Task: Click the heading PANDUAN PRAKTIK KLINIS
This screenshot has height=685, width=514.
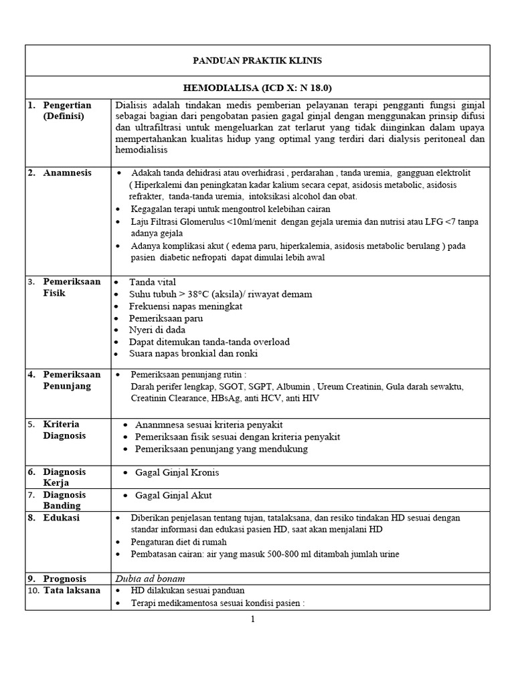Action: pos(257,61)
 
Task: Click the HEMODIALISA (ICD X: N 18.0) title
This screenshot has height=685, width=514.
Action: pos(257,88)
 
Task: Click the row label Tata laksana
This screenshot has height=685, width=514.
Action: pos(72,590)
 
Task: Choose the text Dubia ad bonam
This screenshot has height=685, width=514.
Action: pos(151,578)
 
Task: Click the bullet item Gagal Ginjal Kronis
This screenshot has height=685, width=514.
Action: pos(177,472)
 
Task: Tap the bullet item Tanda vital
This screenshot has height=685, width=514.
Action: pos(153,282)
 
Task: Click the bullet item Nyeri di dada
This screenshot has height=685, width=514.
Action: pos(157,330)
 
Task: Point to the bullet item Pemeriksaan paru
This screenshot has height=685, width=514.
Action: pos(165,318)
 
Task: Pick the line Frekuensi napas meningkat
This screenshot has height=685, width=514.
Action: pos(185,306)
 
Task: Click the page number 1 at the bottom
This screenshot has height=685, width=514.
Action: pos(253,619)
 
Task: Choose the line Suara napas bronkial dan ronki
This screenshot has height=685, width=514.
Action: pos(193,353)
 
